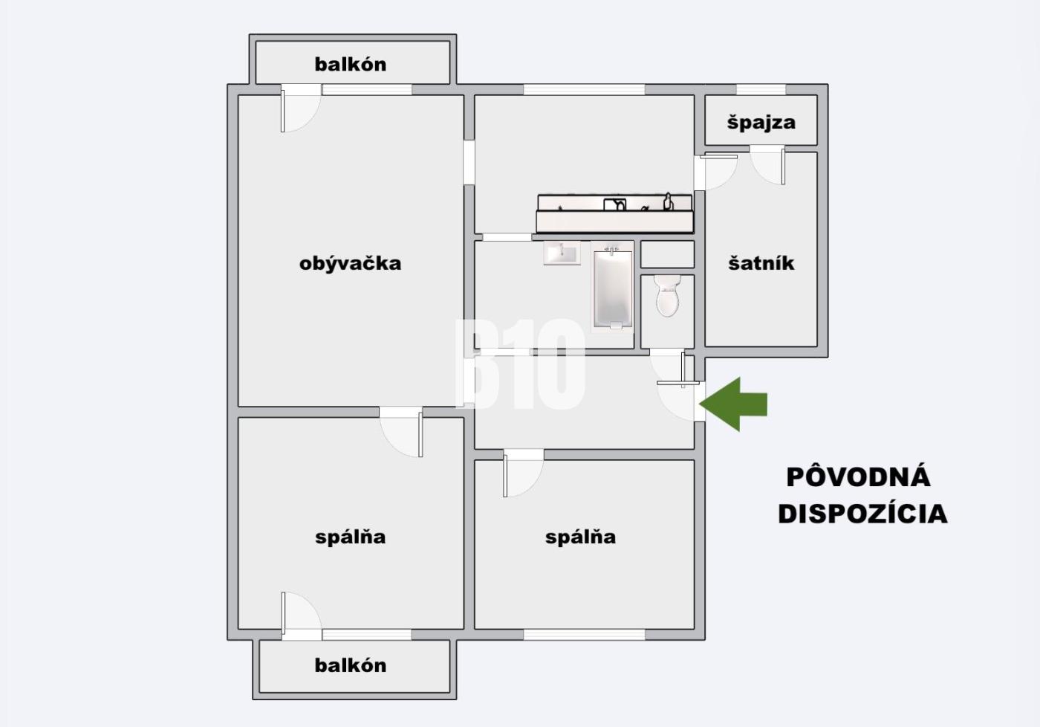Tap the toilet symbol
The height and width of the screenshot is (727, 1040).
pyautogui.click(x=668, y=295)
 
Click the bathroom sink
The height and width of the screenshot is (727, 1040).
pyautogui.click(x=562, y=253)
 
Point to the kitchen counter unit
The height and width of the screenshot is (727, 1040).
pyautogui.click(x=615, y=213)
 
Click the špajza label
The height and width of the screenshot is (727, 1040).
pyautogui.click(x=761, y=123)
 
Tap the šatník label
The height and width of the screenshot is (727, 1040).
pyautogui.click(x=761, y=263)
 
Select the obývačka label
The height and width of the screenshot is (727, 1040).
pyautogui.click(x=350, y=263)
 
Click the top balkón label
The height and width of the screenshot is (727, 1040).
pyautogui.click(x=351, y=64)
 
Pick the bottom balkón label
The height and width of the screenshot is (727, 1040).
pyautogui.click(x=351, y=665)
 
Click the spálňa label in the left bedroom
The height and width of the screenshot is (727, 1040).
pyautogui.click(x=351, y=537)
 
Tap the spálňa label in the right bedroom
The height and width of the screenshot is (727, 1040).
pyautogui.click(x=580, y=537)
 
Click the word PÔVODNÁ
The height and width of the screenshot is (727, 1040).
pyautogui.click(x=859, y=477)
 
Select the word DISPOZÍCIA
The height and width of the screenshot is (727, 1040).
pyautogui.click(x=862, y=514)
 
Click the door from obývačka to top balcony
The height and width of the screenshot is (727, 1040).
pyautogui.click(x=300, y=109)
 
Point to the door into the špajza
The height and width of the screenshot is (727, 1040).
pyautogui.click(x=767, y=165)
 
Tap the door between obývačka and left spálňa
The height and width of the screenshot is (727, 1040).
pyautogui.click(x=401, y=432)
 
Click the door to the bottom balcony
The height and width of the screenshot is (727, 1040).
pyautogui.click(x=301, y=616)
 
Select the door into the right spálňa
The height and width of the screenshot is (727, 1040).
pyautogui.click(x=523, y=473)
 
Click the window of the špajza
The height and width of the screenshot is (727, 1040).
pyautogui.click(x=761, y=90)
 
